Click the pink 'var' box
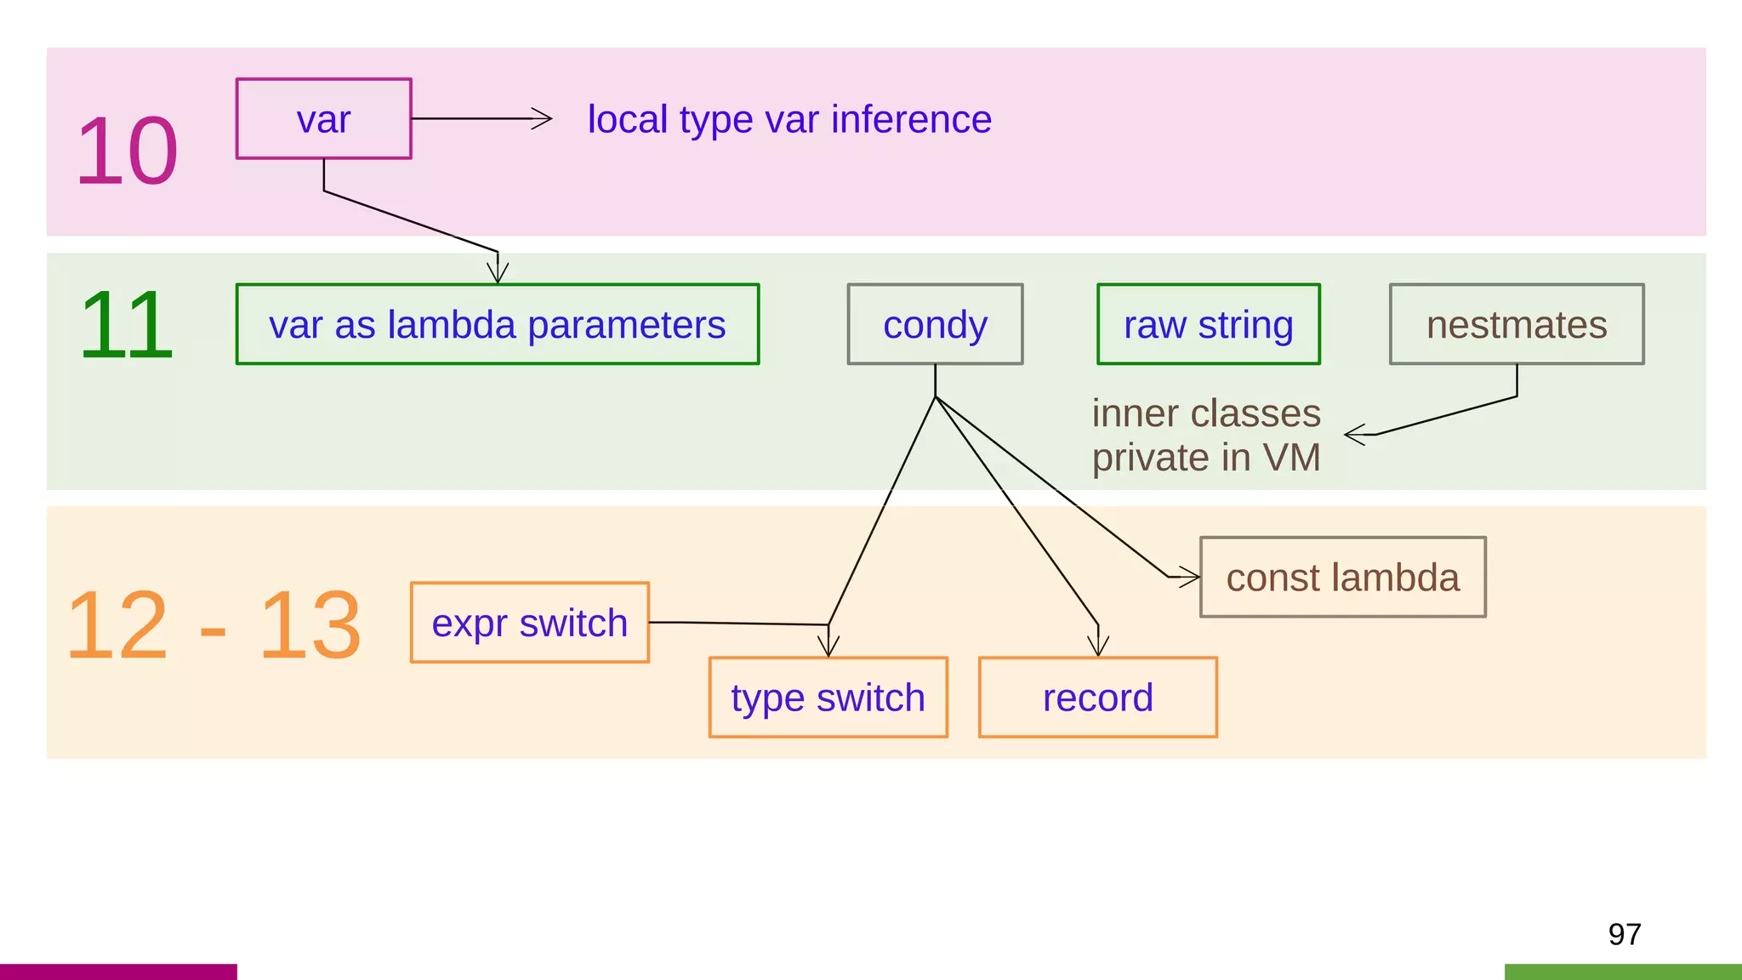point(323,119)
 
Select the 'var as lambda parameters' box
point(497,324)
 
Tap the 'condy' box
point(935,324)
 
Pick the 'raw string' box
point(1208,324)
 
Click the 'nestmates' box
point(1516,324)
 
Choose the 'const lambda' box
point(1342,577)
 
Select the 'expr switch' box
point(529,623)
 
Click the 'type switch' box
point(828,698)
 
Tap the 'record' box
point(1097,698)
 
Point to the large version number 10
point(127,151)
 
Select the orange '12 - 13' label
point(213,625)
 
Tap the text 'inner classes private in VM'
point(1205,435)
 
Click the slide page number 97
point(1624,934)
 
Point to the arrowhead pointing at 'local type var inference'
point(543,119)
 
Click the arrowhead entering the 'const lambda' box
point(1188,577)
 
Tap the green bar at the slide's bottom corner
point(1622,971)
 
